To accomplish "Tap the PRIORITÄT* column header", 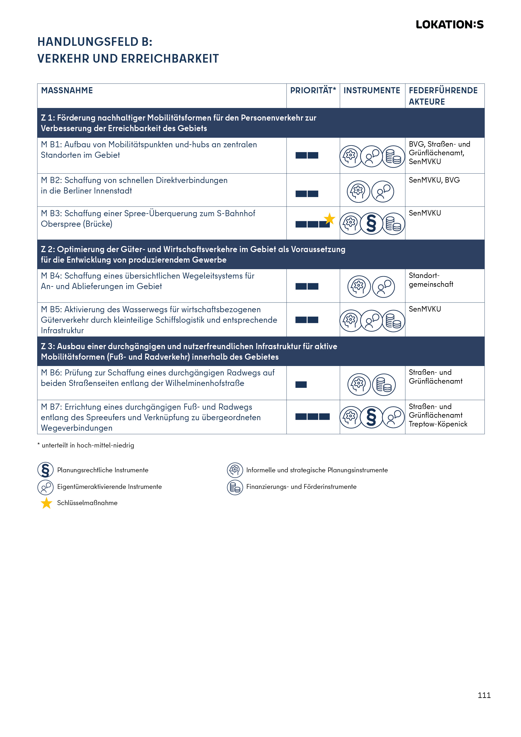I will (x=313, y=91).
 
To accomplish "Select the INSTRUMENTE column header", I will (x=372, y=91).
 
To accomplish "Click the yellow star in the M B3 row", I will (x=329, y=219).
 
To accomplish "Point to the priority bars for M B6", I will (x=301, y=384).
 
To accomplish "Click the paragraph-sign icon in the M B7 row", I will (x=371, y=417).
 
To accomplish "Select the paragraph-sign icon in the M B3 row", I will (x=371, y=224).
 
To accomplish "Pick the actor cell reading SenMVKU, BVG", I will (x=434, y=180).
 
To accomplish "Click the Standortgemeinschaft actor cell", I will (x=431, y=280).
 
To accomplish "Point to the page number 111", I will (x=484, y=695).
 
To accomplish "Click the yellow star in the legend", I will (x=47, y=503).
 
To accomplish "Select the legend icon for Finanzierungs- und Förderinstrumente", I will (x=235, y=487).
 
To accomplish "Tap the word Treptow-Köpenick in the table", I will (x=438, y=424).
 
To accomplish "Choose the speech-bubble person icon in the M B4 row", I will (x=384, y=287).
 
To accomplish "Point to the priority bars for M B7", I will (x=312, y=417).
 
